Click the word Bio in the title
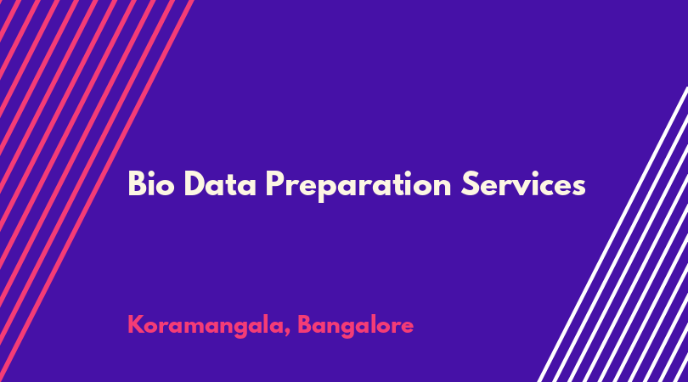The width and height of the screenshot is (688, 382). click(x=151, y=183)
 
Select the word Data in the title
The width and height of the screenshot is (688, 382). click(x=220, y=183)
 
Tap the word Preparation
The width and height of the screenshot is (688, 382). click(x=358, y=186)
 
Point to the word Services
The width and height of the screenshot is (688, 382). click(x=523, y=183)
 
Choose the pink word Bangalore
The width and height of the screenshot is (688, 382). click(x=355, y=326)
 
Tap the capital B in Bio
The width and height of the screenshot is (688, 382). click(x=137, y=183)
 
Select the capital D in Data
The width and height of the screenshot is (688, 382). click(x=195, y=183)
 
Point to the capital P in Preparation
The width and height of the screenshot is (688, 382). click(x=274, y=183)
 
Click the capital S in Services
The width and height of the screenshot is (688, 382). click(x=469, y=183)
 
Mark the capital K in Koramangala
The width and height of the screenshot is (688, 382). click(x=136, y=325)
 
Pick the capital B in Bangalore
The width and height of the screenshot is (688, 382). click(x=306, y=325)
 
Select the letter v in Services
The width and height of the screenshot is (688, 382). click(x=517, y=188)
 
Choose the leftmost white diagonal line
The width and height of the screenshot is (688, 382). click(x=613, y=234)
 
